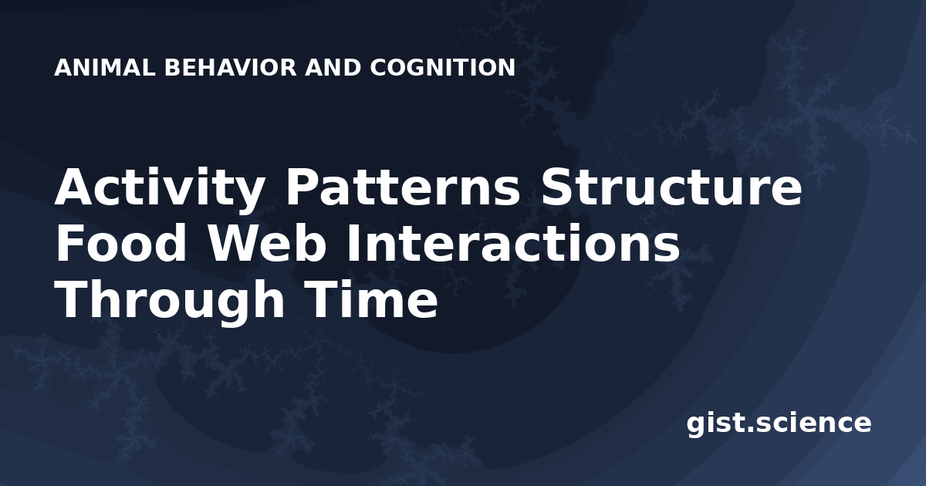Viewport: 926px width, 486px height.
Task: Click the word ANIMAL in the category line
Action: (105, 68)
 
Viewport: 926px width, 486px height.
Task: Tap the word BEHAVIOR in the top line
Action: (231, 68)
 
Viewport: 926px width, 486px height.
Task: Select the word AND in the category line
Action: (333, 68)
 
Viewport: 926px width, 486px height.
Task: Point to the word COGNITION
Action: (443, 68)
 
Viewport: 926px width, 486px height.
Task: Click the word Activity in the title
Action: (160, 189)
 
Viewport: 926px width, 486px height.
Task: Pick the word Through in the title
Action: (170, 302)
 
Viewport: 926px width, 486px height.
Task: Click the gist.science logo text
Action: (779, 424)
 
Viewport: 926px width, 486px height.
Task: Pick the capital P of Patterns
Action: (303, 186)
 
